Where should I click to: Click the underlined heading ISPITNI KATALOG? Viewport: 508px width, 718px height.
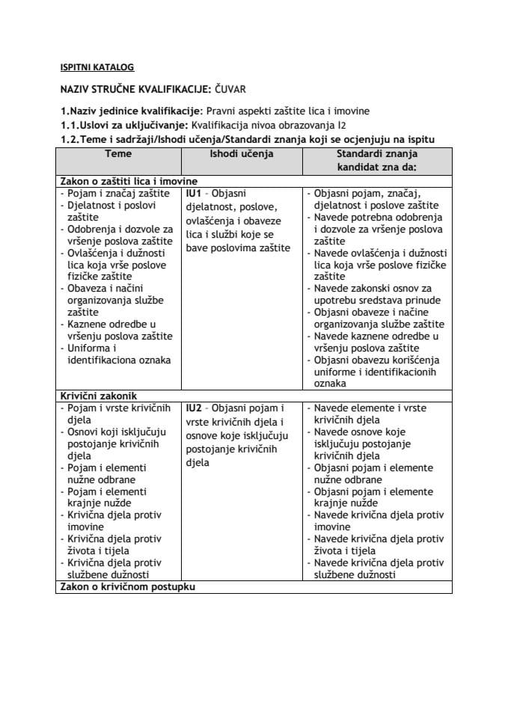click(x=97, y=67)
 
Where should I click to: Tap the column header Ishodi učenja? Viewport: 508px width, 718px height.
click(x=241, y=153)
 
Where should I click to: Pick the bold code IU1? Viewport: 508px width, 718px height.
click(x=194, y=193)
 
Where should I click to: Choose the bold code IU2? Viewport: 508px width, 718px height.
click(x=194, y=408)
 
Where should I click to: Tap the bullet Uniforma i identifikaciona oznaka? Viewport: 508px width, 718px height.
click(x=118, y=354)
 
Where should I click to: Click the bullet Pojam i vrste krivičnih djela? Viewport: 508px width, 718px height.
click(x=118, y=414)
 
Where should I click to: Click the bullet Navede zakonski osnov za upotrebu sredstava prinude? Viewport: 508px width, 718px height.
click(x=373, y=294)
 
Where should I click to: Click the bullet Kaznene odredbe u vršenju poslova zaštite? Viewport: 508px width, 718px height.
click(x=118, y=330)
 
